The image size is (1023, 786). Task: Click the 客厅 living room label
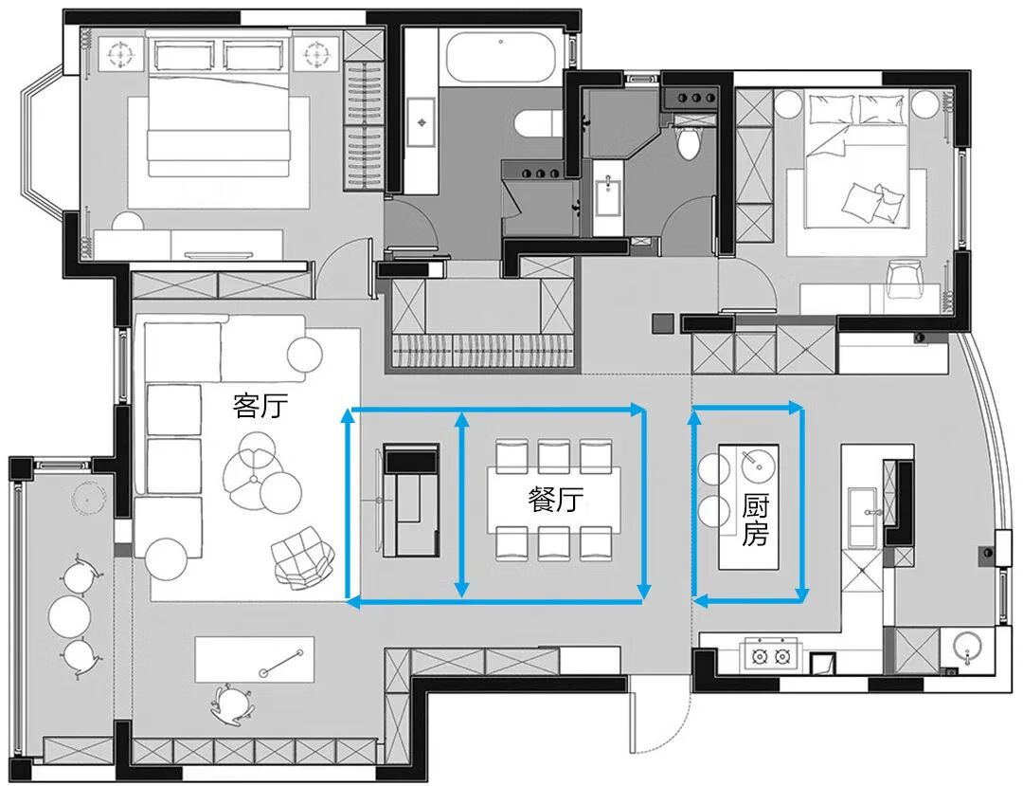(260, 407)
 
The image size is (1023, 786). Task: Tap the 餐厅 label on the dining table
(555, 500)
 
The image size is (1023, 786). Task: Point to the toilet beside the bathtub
(534, 122)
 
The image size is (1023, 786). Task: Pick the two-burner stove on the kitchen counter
(769, 654)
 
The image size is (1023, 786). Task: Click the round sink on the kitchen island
(756, 466)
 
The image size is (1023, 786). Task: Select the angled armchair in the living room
(302, 558)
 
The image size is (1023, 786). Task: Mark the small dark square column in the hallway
(661, 324)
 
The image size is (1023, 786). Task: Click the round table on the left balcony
(70, 614)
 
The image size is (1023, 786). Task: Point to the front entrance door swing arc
(663, 721)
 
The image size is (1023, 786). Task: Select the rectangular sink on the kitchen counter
(861, 518)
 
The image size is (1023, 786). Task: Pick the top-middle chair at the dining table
(553, 455)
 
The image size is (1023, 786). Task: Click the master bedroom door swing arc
(339, 270)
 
